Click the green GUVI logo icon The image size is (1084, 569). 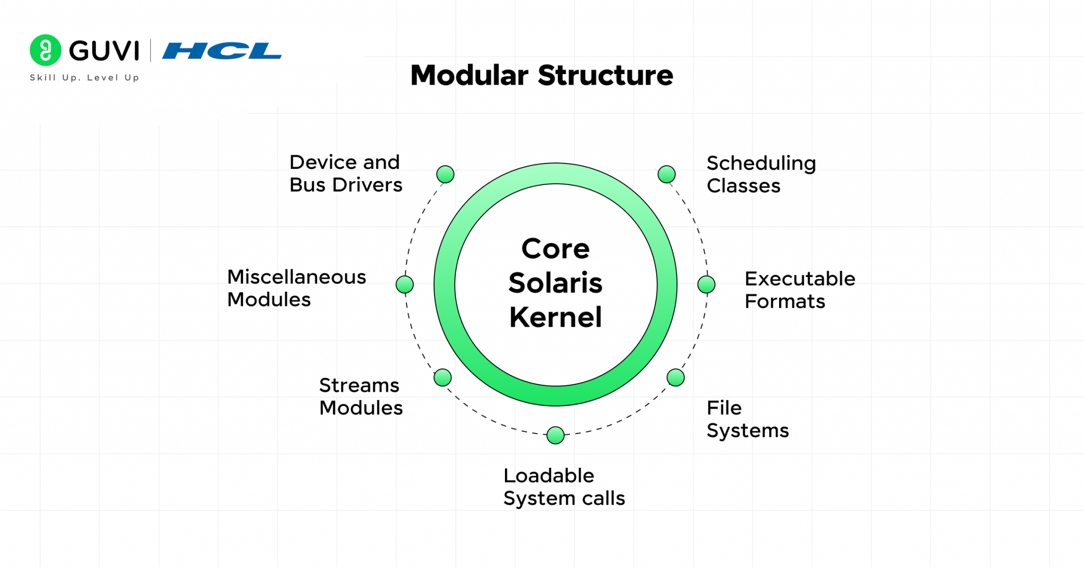click(x=46, y=50)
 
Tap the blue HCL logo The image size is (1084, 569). click(x=222, y=51)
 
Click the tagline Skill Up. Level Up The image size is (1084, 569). click(x=85, y=78)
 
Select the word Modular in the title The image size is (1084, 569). click(x=469, y=75)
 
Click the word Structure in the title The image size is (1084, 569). click(x=606, y=75)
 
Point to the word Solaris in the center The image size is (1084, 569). click(x=555, y=283)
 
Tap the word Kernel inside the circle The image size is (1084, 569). click(x=555, y=318)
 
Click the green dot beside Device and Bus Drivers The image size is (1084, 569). click(x=445, y=174)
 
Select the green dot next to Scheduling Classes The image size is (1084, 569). click(x=666, y=174)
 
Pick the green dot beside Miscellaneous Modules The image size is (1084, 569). click(x=404, y=284)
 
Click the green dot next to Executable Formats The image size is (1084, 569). click(x=706, y=284)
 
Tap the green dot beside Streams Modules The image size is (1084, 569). click(x=442, y=377)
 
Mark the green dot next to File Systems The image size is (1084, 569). click(x=675, y=377)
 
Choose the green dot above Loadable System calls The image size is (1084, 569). click(x=555, y=435)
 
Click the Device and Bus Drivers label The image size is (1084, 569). click(x=346, y=174)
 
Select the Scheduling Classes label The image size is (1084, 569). click(x=761, y=175)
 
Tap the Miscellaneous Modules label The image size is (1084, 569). click(x=296, y=288)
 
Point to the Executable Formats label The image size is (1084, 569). click(x=800, y=290)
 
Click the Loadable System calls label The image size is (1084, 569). click(x=564, y=487)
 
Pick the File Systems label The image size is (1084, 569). click(x=747, y=419)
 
